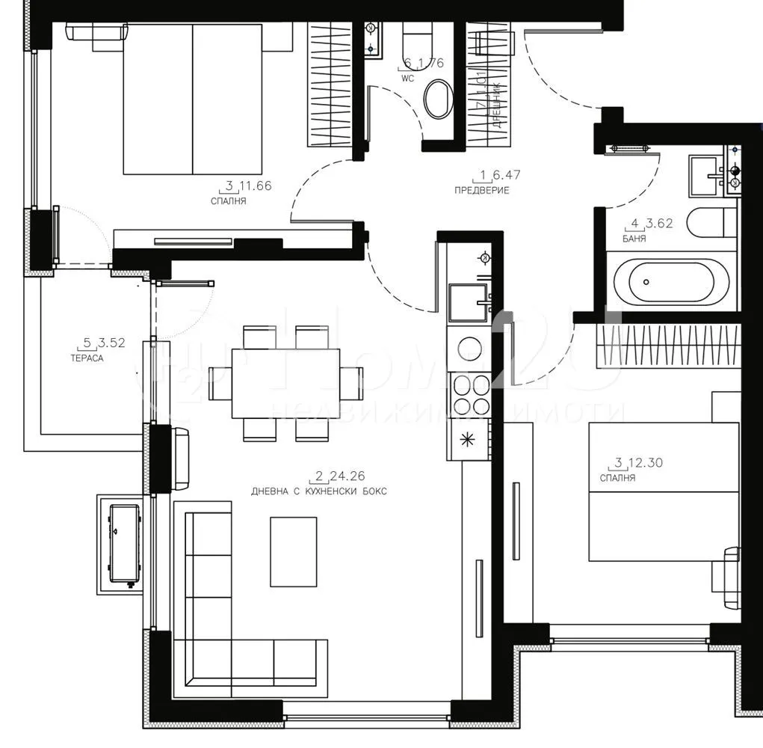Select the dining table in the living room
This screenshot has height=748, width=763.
pos(285,383)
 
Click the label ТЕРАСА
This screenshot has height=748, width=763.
pos(88,358)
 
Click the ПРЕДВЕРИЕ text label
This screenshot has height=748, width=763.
pos(482,190)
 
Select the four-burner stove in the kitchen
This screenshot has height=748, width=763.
pos(469,395)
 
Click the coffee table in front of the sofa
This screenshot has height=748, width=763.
pos(293,551)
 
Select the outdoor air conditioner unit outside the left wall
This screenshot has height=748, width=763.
pos(123,544)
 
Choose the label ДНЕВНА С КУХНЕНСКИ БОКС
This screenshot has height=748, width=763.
pos(320,491)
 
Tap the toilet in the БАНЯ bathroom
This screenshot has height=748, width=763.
pos(710,223)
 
